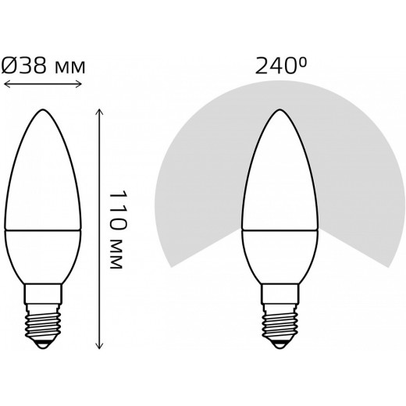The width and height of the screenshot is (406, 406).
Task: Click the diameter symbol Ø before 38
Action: tap(10, 67)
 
